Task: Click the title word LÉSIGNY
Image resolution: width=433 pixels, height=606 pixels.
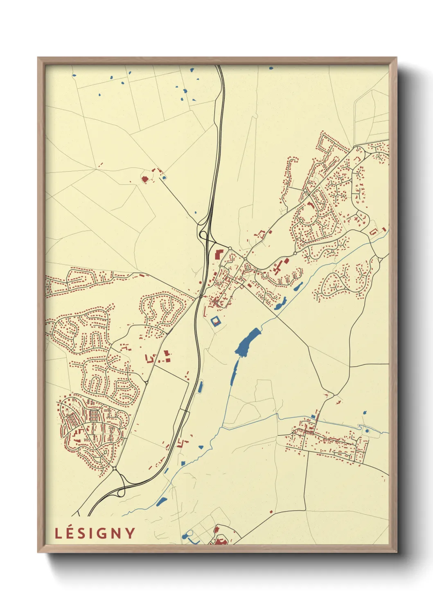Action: pos(95,533)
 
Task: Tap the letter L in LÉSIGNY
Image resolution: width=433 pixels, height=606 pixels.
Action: pos(58,534)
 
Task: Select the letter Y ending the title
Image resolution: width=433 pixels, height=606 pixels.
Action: pos(131,533)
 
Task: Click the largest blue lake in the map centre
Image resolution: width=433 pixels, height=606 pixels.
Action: pos(248,342)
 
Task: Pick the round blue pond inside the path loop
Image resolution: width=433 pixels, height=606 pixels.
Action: pos(367,431)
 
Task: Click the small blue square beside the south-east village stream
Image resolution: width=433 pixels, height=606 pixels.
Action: pos(313,416)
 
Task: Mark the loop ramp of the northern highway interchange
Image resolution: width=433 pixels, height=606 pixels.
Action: pos(201,234)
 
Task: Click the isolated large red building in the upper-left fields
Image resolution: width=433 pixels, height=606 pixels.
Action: pos(144,179)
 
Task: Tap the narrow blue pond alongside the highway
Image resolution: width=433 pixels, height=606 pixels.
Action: pos(201,387)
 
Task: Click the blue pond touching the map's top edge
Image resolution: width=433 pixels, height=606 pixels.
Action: pos(271,68)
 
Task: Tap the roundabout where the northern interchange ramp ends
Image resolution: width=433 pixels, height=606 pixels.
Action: pos(230,249)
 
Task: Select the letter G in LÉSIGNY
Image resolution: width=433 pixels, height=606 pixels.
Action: pos(104,533)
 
